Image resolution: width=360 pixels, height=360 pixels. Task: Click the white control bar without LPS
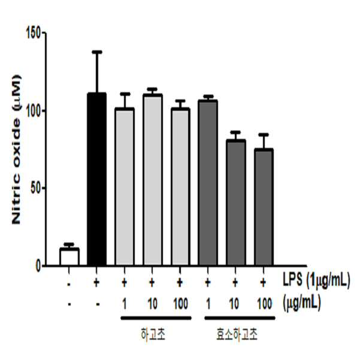pos(69,256)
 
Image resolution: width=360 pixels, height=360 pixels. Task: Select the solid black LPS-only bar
pos(96,179)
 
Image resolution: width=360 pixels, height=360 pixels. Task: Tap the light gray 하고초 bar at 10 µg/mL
pos(153,180)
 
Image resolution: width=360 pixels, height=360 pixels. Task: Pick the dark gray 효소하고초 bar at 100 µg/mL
pos(264,207)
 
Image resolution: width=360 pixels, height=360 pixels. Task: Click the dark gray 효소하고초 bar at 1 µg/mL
pos(208,183)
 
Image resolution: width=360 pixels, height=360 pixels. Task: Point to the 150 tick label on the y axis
pos(34,33)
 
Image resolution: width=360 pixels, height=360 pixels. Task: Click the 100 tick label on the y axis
pos(34,111)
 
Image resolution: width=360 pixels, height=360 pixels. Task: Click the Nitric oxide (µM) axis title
pos(17,150)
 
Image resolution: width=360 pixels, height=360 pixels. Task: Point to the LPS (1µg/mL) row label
pos(316,280)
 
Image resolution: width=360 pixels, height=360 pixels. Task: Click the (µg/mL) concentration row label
pos(301,303)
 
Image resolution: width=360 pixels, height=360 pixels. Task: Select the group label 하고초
pos(153,334)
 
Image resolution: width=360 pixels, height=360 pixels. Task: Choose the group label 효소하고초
pos(237,334)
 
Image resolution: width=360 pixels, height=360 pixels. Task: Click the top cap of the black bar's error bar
pos(96,52)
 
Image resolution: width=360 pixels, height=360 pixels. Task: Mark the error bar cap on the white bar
pos(69,244)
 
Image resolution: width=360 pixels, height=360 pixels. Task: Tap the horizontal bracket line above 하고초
pos(156,318)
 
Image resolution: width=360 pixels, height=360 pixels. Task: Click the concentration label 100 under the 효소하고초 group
pos(265,304)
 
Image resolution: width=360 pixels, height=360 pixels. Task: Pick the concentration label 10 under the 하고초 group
pos(153,304)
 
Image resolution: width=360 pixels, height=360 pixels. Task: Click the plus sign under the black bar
pos(96,283)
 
